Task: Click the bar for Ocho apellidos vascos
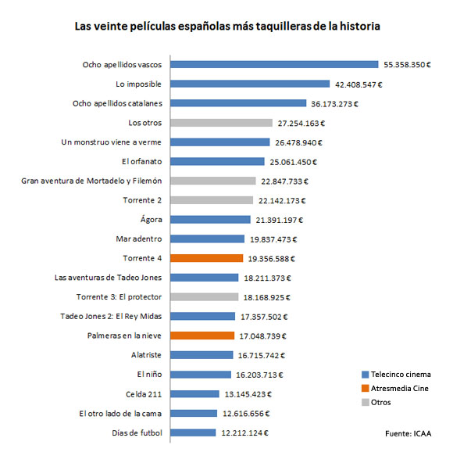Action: point(274,64)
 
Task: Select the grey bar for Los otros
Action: point(222,123)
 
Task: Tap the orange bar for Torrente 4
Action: point(207,258)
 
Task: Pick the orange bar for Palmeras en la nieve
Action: point(202,336)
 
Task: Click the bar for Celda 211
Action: point(194,394)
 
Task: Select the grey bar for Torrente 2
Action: point(212,200)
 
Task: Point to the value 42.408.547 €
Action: point(358,84)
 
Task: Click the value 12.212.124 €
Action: point(245,433)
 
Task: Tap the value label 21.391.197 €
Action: point(280,220)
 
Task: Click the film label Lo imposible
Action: point(138,84)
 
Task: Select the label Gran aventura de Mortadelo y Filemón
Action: point(91,181)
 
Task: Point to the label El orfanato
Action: point(142,162)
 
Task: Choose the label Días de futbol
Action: point(137,432)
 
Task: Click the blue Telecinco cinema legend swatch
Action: point(366,375)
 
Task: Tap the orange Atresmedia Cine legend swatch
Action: point(366,388)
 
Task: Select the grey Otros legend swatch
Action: point(366,402)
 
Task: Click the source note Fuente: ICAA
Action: point(408,433)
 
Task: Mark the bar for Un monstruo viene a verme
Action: point(220,142)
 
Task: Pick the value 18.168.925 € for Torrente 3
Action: point(267,297)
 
